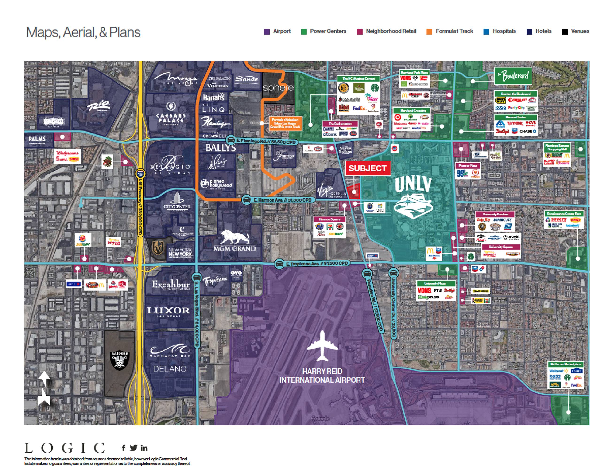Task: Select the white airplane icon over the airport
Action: [322, 346]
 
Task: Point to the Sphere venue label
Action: [278, 88]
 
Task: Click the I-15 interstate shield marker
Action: [140, 174]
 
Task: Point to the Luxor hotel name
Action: [169, 311]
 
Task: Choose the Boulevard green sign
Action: [513, 76]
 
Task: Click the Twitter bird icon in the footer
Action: [133, 448]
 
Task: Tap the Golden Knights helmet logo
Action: [157, 247]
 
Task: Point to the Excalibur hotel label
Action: [170, 285]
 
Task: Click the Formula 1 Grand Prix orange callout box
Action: [285, 123]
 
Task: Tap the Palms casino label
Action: [38, 139]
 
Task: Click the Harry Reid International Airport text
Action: [322, 376]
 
